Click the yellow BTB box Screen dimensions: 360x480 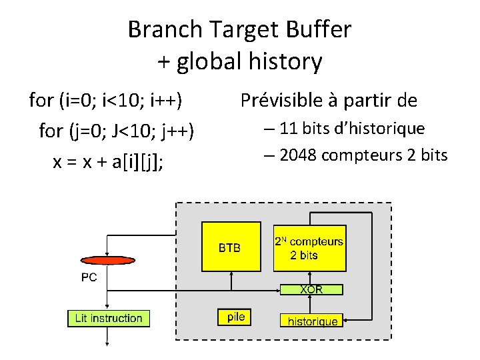coord(229,246)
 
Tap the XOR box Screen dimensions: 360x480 coord(311,290)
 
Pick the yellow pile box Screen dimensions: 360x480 coord(236,317)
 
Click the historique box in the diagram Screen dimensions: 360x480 coord(313,321)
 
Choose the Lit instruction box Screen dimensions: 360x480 coord(109,318)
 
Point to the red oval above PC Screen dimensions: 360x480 coord(106,260)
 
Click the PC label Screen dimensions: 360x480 coord(89,277)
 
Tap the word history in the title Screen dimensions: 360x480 coord(290,62)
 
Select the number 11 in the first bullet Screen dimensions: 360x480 coord(289,128)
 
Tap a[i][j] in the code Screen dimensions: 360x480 coord(148,163)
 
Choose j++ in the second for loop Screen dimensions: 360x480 coord(176,131)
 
